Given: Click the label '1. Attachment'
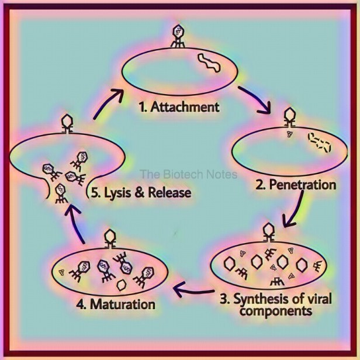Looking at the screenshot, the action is pyautogui.click(x=179, y=107).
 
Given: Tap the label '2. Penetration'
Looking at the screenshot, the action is pyautogui.click(x=296, y=185).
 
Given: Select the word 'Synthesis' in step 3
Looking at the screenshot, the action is pyautogui.click(x=261, y=299).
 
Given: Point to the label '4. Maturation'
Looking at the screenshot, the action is pyautogui.click(x=116, y=304).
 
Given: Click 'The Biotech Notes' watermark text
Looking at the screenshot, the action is pyautogui.click(x=189, y=174).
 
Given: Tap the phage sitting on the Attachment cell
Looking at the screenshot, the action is pyautogui.click(x=178, y=36).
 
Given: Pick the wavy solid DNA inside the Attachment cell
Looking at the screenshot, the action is pyautogui.click(x=209, y=63).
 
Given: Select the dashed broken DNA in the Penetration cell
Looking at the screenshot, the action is pyautogui.click(x=319, y=143).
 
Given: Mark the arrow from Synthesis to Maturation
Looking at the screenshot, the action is pyautogui.click(x=193, y=290).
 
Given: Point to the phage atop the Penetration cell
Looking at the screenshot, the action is pyautogui.click(x=289, y=117).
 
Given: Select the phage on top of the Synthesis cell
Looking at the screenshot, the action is pyautogui.click(x=268, y=232).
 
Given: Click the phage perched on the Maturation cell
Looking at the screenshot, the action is pyautogui.click(x=110, y=239).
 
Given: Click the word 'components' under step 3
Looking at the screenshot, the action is pyautogui.click(x=276, y=311).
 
